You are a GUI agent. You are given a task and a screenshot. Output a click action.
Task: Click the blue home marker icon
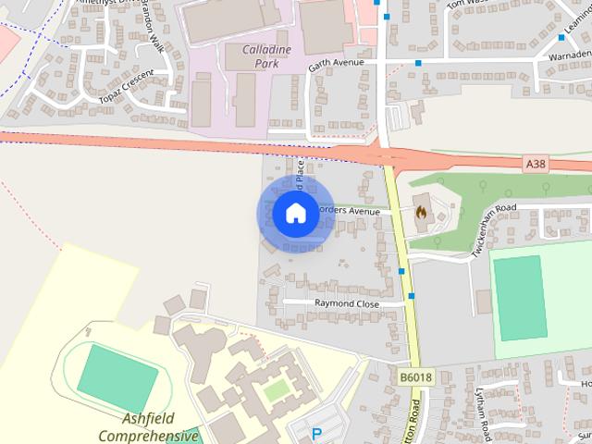[295, 213]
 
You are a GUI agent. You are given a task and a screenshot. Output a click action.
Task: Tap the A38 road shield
[535, 164]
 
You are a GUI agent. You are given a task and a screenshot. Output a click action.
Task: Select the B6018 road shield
[416, 377]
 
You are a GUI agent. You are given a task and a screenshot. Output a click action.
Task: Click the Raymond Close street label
[346, 302]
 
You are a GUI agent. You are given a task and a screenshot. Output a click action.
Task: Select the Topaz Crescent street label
[127, 85]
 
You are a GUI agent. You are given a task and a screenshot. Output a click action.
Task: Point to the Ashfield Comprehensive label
[148, 426]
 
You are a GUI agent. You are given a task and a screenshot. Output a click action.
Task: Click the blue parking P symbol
[316, 433]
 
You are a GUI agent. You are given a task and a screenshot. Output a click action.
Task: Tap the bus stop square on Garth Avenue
[418, 64]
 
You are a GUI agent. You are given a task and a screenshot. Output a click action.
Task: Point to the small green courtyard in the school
[276, 391]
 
